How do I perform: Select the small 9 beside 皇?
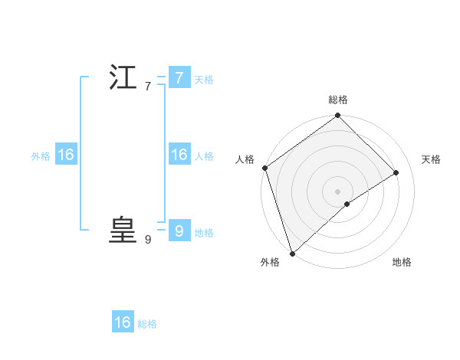pos(147,240)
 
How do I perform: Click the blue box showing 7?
pos(179,78)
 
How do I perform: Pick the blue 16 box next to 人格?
pos(179,155)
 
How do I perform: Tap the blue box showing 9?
pos(179,231)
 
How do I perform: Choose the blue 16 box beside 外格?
pos(66,155)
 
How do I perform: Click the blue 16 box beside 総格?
pos(123,322)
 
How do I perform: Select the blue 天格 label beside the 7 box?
pos(204,80)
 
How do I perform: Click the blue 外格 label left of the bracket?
pos(41,156)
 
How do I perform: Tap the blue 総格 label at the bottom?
pos(147,324)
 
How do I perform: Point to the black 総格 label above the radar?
pos(338,100)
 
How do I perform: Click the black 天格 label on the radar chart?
pos(431,159)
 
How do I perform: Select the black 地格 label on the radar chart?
pos(402,262)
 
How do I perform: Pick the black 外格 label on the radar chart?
pos(270,262)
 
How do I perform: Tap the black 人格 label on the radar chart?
pos(245,159)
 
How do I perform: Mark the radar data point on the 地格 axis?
pos(347,204)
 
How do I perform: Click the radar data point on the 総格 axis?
pos(338,116)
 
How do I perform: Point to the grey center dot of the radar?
pos(338,191)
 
